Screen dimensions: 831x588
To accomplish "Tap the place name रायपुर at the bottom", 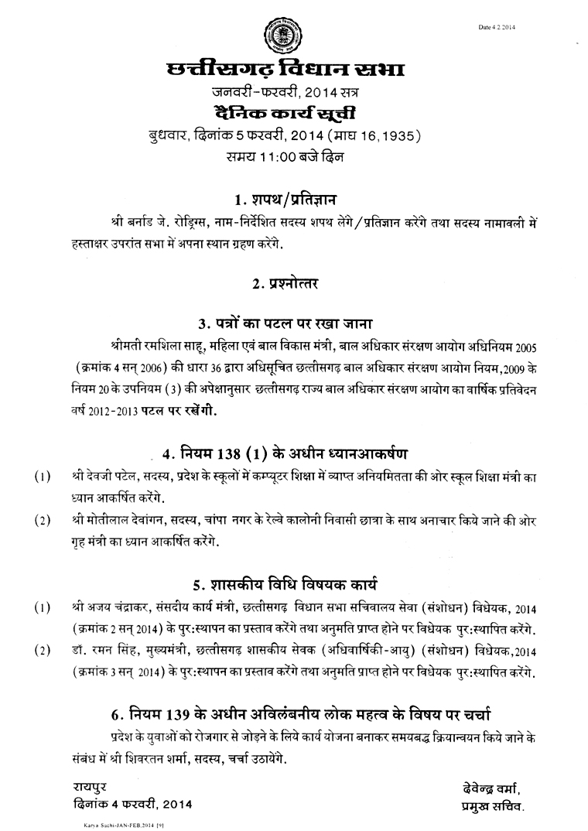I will click(82, 788).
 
